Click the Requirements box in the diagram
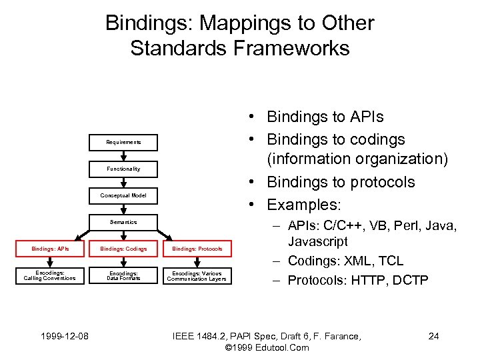(x=123, y=142)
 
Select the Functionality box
(x=123, y=169)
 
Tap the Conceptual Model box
(x=123, y=195)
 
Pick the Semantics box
(x=123, y=222)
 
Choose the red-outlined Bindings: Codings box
(x=123, y=249)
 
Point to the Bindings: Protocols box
(x=197, y=249)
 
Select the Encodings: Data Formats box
(x=123, y=275)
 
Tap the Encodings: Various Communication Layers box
(x=197, y=275)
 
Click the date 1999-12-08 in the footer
(x=61, y=336)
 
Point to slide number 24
(x=433, y=336)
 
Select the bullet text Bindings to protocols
(x=340, y=182)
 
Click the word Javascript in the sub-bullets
(x=318, y=241)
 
